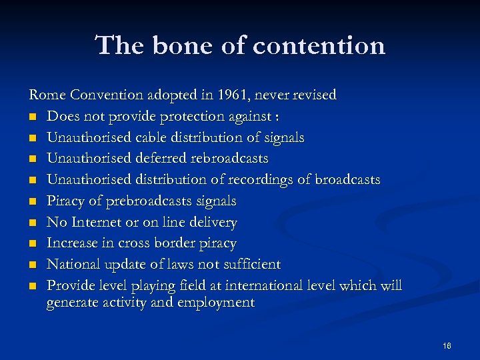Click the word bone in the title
click(175, 46)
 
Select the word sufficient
click(249, 265)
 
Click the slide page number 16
click(446, 346)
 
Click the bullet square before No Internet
click(32, 223)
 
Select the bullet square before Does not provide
click(32, 117)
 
